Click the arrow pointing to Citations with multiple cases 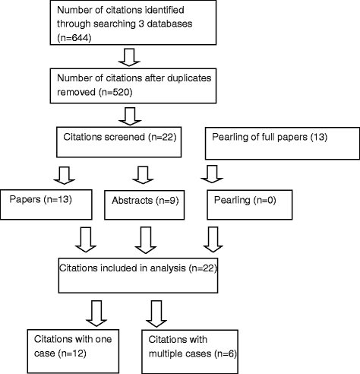coord(156,310)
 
